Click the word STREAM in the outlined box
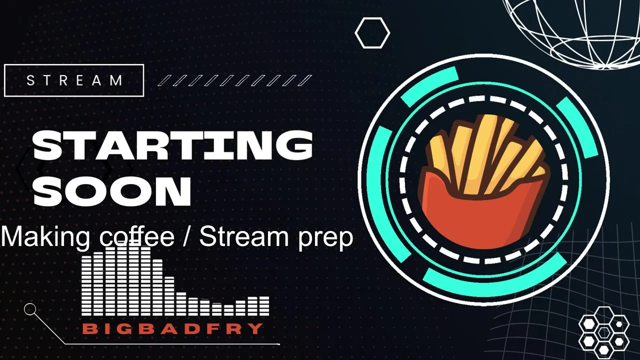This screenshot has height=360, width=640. point(75,80)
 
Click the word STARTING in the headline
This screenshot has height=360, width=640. point(173,145)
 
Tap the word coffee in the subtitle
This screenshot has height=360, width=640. point(137,236)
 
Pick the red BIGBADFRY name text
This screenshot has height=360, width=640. point(173,329)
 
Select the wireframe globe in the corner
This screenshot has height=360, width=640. point(574,31)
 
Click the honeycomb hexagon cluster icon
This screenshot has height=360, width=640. point(603,333)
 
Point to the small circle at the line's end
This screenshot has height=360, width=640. point(30,309)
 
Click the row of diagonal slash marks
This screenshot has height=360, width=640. point(235,80)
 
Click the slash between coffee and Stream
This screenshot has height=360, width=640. point(187,236)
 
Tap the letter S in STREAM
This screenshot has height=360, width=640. point(30,80)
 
